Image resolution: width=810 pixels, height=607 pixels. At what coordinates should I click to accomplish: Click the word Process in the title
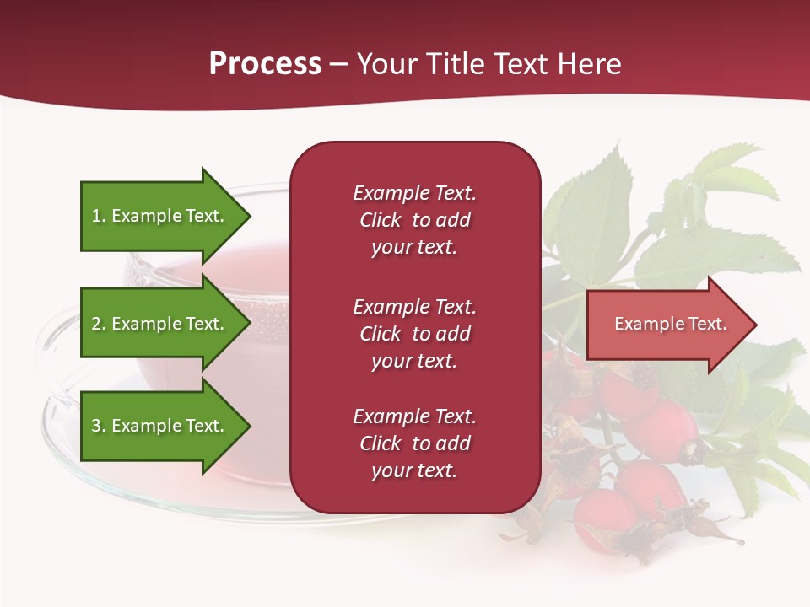pyautogui.click(x=265, y=64)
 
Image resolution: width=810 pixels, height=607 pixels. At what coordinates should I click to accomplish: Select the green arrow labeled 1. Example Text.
pyautogui.click(x=160, y=216)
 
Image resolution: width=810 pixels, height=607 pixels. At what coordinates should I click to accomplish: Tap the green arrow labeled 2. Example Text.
pyautogui.click(x=160, y=324)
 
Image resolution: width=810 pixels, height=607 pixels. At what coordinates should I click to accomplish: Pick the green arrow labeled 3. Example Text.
pyautogui.click(x=160, y=426)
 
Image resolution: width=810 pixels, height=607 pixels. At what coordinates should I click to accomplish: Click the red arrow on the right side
pyautogui.click(x=667, y=325)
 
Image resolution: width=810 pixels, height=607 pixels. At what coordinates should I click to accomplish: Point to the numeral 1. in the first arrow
pyautogui.click(x=99, y=216)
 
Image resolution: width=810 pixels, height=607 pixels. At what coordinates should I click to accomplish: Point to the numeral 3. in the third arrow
pyautogui.click(x=99, y=426)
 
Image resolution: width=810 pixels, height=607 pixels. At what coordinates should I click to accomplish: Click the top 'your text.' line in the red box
pyautogui.click(x=413, y=248)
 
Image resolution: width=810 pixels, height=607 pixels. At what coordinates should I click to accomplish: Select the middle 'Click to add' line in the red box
pyautogui.click(x=414, y=334)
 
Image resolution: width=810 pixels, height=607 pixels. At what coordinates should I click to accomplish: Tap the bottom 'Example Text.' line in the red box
pyautogui.click(x=414, y=416)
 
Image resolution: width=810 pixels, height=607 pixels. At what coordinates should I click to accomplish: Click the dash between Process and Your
pyautogui.click(x=338, y=64)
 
